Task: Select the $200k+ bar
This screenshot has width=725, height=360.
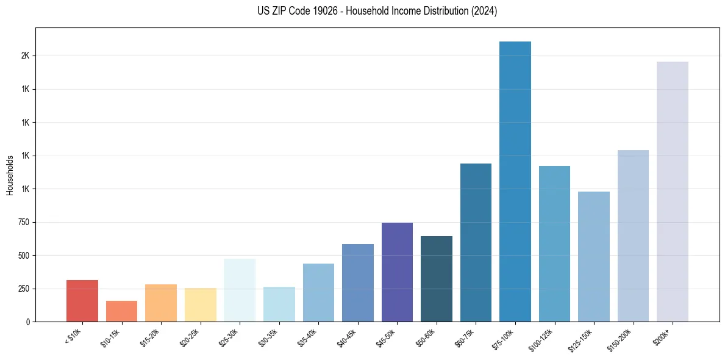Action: (673, 192)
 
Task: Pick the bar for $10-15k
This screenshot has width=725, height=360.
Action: (121, 311)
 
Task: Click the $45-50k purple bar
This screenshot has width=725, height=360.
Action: (397, 272)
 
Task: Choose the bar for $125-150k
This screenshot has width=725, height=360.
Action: (594, 256)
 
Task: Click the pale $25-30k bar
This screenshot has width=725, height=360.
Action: (240, 290)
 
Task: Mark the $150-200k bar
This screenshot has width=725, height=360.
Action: (633, 236)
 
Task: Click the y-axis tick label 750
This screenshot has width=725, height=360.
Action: (23, 222)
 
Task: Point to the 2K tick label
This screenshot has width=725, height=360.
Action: (26, 56)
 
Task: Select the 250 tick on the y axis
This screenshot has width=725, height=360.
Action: (23, 289)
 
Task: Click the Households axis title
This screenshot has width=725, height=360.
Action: (10, 175)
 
